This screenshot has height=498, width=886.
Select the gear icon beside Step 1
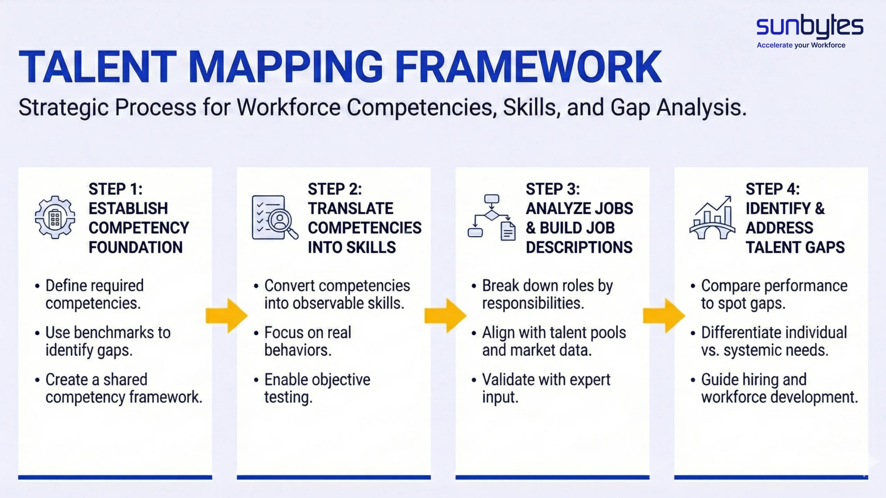point(55,217)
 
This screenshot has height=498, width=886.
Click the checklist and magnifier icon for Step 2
point(274,217)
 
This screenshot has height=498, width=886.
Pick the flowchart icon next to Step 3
point(492,217)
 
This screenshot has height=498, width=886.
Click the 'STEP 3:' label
point(553,189)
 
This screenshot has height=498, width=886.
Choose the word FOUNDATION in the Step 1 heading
point(136,247)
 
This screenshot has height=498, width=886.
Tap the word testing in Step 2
point(288,397)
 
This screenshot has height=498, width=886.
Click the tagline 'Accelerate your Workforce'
point(801,45)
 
